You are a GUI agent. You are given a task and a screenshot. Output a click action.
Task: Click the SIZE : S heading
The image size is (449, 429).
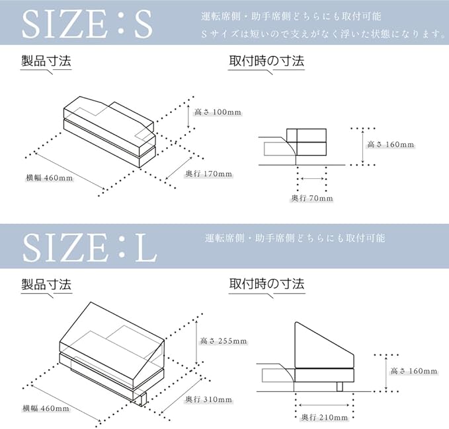tap(87, 24)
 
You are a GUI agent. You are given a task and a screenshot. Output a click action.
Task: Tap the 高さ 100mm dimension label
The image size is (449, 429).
tap(217, 112)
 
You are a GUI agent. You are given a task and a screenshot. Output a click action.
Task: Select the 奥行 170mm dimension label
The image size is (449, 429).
tap(208, 174)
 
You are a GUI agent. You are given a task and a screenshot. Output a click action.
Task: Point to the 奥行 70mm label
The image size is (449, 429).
tap(311, 198)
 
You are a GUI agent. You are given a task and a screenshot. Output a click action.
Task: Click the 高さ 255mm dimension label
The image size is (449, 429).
tap(224, 341)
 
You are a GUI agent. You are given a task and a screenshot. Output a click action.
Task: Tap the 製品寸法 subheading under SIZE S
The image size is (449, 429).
tap(46, 62)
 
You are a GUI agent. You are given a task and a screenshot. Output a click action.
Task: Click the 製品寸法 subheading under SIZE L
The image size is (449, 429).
tap(46, 285)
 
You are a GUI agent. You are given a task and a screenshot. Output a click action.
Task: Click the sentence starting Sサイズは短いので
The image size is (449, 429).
tap(323, 34)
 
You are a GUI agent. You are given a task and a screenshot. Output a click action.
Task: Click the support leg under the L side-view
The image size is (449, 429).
tap(340, 387)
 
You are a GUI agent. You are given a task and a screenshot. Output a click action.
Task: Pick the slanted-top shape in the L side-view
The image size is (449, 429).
tap(324, 343)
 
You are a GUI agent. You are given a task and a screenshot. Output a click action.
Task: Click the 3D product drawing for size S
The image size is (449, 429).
tap(109, 132)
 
